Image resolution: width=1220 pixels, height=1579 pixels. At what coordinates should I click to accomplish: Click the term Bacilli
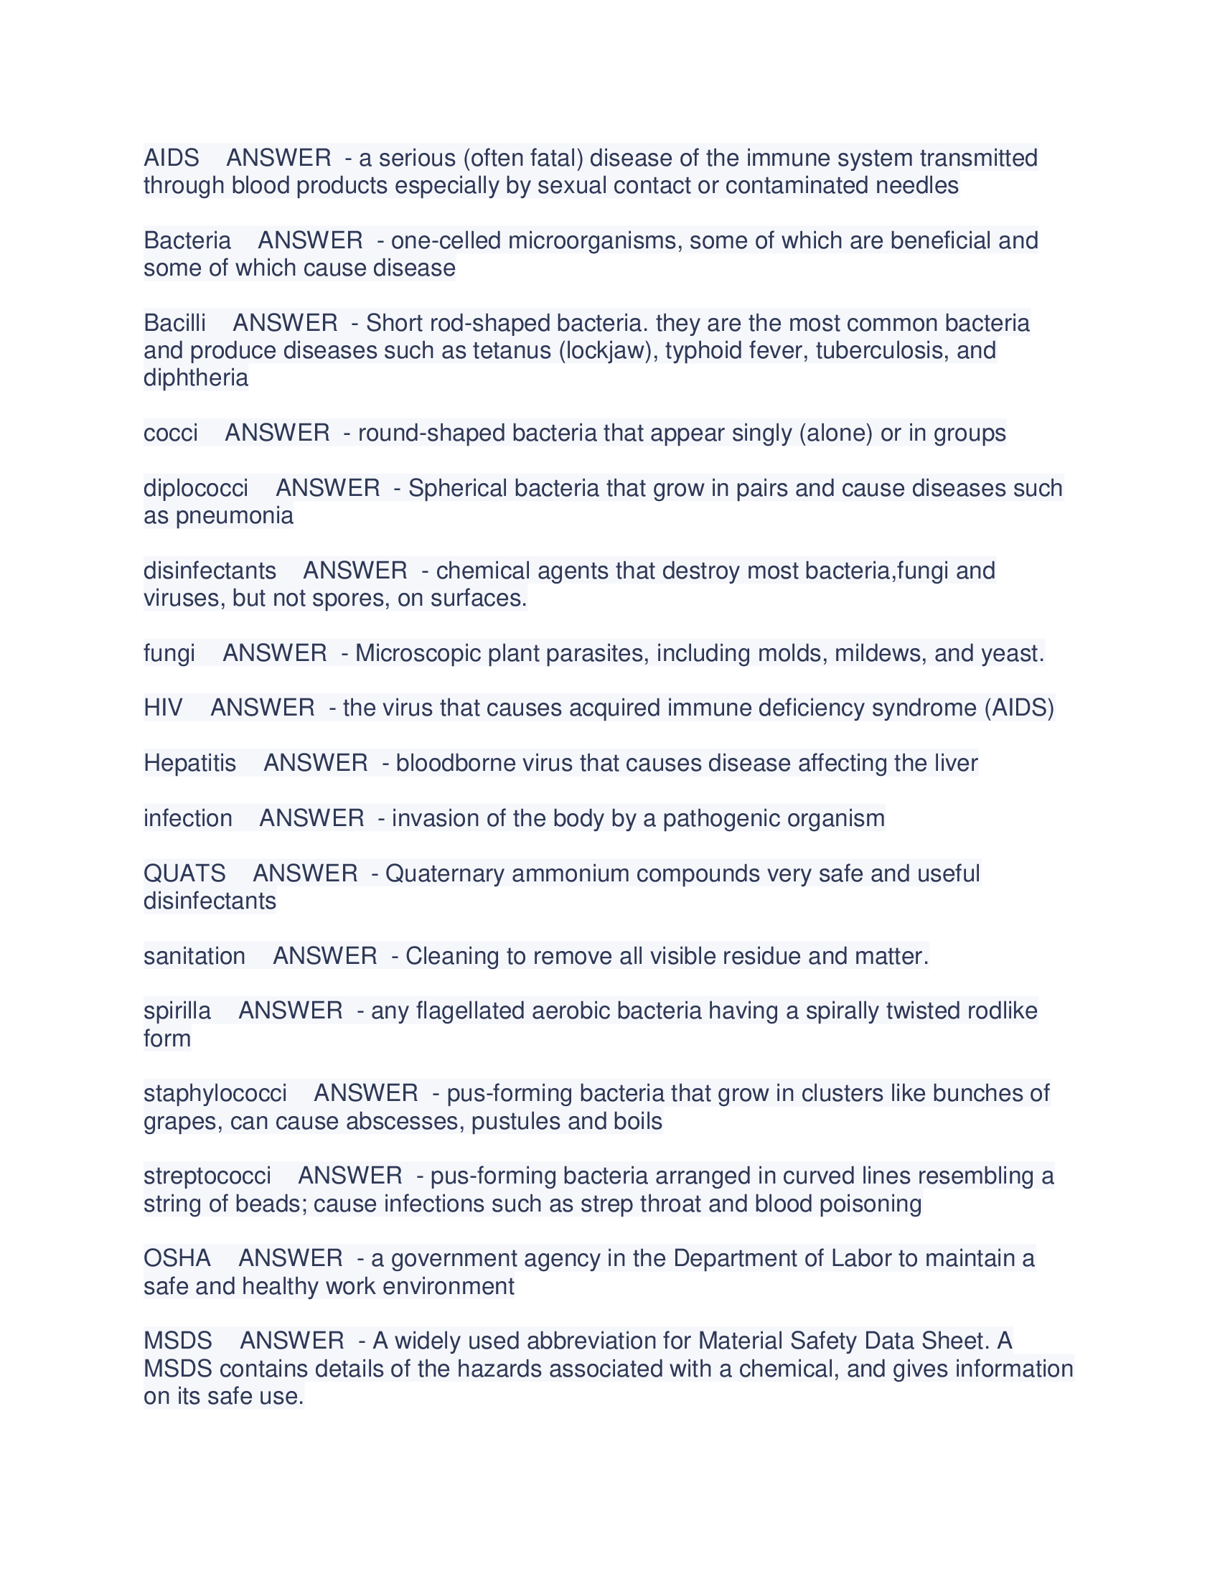coord(174,322)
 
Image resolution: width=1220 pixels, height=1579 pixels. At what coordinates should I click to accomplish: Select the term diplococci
coord(195,488)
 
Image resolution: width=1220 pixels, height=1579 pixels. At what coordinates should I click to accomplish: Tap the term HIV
coord(163,707)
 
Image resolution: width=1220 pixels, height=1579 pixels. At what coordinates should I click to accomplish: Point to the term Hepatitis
coord(189,763)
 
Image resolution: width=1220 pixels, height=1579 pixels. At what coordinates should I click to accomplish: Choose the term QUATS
coord(184,873)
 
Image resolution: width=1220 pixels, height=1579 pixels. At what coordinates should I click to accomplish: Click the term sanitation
coord(194,956)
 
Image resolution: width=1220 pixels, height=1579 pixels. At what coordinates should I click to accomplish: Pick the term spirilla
coord(177,1011)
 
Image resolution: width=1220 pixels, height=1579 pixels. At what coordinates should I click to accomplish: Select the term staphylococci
coord(215,1093)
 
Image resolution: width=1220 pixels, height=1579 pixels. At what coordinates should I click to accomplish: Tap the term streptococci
coord(207,1176)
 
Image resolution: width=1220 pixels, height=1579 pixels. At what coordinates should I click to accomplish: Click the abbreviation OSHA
coord(177,1258)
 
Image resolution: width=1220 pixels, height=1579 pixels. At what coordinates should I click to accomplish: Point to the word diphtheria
coord(195,378)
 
